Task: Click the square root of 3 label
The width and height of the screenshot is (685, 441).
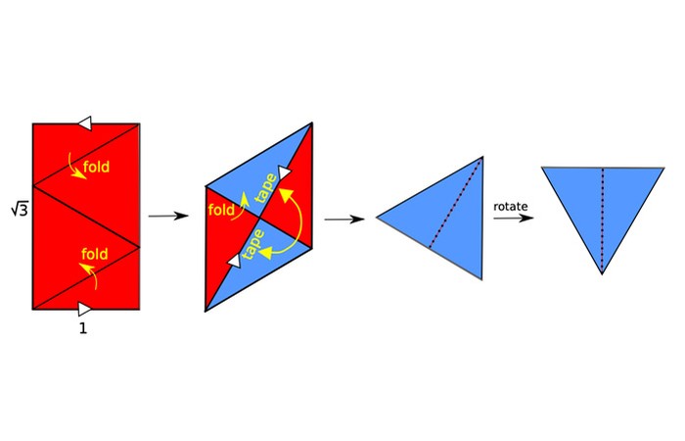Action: (x=20, y=210)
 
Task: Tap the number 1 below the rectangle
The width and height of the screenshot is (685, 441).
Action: (x=83, y=328)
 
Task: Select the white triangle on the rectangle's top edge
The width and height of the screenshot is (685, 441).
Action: (x=85, y=123)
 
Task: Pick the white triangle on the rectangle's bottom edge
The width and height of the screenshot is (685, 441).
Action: (x=85, y=309)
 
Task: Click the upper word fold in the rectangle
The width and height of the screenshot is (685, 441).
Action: (x=96, y=167)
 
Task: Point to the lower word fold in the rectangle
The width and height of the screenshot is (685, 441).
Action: (x=94, y=254)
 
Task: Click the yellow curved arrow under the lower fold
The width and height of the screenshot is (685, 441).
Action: (x=89, y=275)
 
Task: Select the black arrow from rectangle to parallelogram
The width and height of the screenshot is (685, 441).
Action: (x=168, y=216)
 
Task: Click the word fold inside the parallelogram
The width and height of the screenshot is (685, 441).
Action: (x=221, y=210)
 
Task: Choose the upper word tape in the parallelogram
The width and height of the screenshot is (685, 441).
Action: (x=265, y=188)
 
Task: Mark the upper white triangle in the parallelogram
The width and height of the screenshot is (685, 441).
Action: (x=285, y=172)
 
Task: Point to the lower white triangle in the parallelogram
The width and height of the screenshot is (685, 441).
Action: (x=235, y=261)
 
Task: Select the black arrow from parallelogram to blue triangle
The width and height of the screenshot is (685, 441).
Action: (x=344, y=220)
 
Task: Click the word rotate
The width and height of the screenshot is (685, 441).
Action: (x=511, y=206)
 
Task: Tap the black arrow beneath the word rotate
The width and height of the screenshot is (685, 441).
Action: (x=514, y=218)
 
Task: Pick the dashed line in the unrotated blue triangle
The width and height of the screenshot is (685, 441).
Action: (x=455, y=204)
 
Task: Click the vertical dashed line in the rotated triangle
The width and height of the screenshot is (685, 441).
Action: (x=603, y=220)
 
